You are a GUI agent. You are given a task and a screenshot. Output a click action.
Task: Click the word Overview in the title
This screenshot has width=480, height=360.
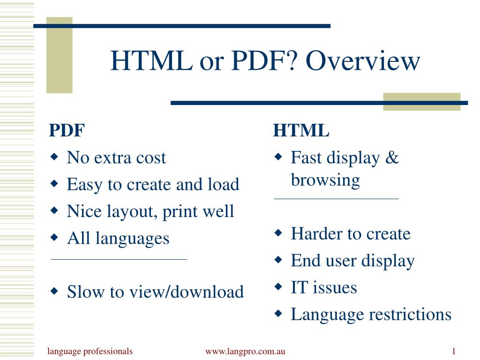(364, 61)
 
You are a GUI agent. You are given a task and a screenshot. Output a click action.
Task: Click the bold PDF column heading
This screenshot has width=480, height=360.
(67, 131)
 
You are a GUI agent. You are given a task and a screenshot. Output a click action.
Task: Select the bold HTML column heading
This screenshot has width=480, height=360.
(301, 131)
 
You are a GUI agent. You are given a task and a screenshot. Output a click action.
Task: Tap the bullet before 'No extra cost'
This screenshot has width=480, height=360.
(54, 157)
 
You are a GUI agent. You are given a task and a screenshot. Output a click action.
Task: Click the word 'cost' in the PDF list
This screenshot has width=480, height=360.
(151, 158)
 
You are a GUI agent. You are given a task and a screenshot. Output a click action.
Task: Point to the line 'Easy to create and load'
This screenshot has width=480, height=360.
(153, 185)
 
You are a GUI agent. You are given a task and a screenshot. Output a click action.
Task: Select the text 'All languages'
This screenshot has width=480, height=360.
(118, 238)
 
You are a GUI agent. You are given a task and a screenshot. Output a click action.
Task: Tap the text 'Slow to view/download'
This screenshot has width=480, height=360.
(155, 292)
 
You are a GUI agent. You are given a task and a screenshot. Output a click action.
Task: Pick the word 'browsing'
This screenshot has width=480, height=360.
(325, 180)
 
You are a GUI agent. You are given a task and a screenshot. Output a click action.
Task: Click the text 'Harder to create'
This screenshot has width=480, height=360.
(350, 233)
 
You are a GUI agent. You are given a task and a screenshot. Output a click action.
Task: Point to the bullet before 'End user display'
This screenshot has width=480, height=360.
(278, 260)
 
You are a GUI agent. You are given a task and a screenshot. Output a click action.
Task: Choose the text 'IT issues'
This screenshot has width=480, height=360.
(323, 287)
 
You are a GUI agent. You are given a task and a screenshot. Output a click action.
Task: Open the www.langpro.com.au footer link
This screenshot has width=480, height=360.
(245, 352)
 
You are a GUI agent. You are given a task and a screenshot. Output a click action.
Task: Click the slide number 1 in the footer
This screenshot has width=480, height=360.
(454, 352)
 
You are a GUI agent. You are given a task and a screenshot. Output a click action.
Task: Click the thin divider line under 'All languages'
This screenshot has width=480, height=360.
(119, 259)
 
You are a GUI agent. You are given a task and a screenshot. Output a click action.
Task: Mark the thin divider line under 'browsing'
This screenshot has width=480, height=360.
(336, 199)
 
